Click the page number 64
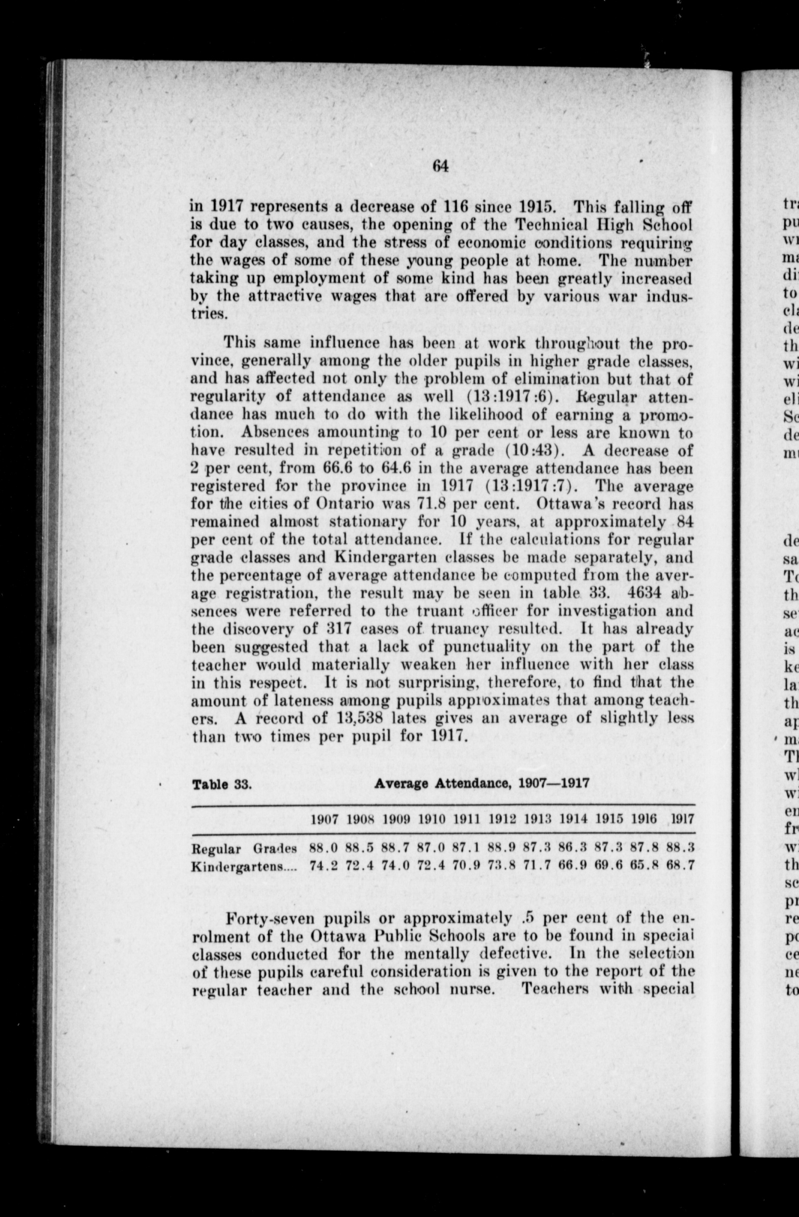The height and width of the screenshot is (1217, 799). (440, 166)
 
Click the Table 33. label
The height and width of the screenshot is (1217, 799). (221, 784)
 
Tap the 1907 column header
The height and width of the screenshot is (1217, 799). (324, 819)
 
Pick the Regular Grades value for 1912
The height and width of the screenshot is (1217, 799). (501, 848)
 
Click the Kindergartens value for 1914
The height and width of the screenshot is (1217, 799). (572, 866)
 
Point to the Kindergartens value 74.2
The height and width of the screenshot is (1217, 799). (324, 866)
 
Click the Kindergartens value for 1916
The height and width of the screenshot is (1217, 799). (643, 866)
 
